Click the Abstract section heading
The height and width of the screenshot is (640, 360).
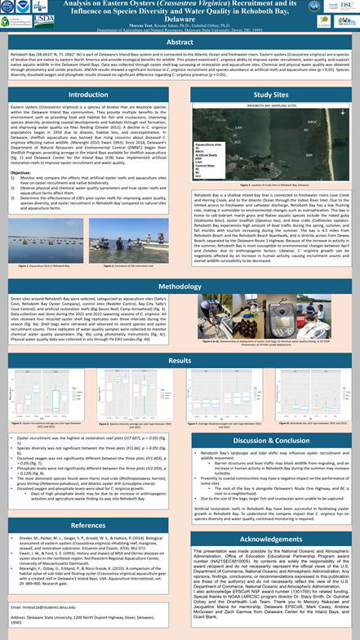[x=180, y=42]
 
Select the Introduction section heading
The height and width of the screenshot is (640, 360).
[x=87, y=96]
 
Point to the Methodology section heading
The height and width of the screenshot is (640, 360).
[x=180, y=287]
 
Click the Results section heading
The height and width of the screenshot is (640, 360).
[x=180, y=360]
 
